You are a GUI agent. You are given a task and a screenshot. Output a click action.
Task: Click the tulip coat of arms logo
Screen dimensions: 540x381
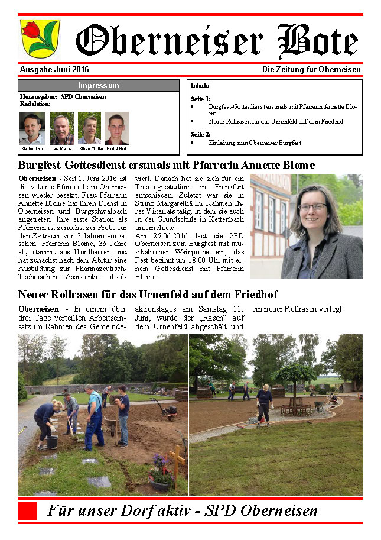click(40, 37)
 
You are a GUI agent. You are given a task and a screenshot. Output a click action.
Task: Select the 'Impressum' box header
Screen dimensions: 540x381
click(99, 85)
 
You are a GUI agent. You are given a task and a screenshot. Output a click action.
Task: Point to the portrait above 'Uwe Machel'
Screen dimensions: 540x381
click(62, 128)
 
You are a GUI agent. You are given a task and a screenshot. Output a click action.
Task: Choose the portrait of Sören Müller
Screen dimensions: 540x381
click(89, 128)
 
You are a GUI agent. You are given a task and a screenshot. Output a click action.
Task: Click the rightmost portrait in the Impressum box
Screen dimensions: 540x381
click(116, 129)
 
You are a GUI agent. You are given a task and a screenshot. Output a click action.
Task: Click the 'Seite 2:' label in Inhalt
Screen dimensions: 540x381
click(201, 134)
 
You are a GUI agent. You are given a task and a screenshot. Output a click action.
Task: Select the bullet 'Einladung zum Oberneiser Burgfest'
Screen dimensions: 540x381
click(246, 143)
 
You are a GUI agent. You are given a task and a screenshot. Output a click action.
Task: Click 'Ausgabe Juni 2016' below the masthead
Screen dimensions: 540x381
click(50, 70)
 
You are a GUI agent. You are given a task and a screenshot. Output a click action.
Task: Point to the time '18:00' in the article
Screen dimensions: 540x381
click(180, 261)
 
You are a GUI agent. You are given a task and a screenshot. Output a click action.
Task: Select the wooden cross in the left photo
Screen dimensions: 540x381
click(176, 458)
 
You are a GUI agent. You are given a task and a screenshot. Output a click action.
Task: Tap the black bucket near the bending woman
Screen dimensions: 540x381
click(52, 442)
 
